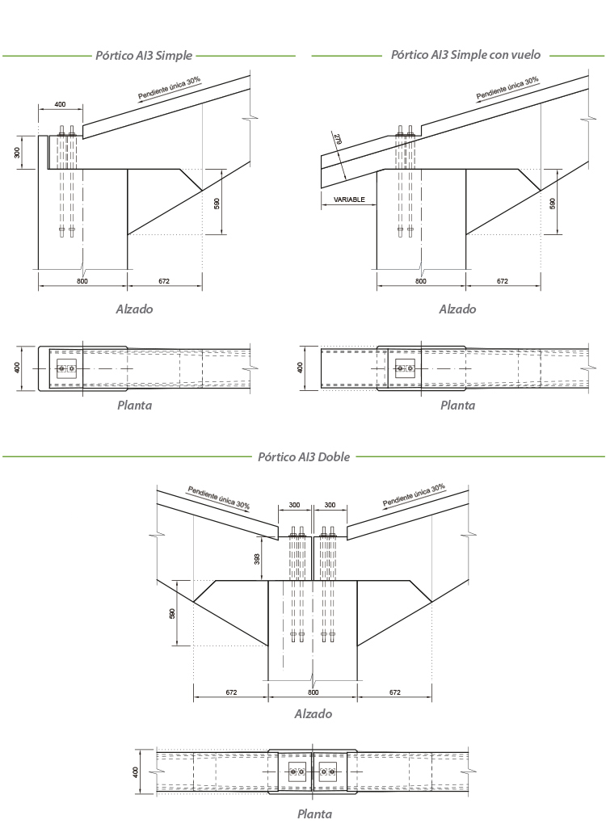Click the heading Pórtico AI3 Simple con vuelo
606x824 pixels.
click(465, 55)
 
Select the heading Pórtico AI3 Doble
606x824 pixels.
click(303, 456)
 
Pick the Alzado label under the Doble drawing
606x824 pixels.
click(313, 713)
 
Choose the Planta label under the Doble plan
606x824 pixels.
click(314, 813)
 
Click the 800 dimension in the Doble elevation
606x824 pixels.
click(313, 692)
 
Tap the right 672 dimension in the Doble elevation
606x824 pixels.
click(395, 692)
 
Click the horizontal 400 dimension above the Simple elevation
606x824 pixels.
click(61, 105)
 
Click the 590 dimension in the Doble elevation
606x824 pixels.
click(172, 613)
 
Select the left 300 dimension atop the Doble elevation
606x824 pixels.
click(294, 505)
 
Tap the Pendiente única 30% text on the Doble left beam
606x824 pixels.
click(218, 497)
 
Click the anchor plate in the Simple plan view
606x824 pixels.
click(66, 369)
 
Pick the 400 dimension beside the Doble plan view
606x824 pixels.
click(137, 772)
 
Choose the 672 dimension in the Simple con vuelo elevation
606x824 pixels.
click(502, 281)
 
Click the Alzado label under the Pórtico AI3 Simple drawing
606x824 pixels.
click(134, 309)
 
